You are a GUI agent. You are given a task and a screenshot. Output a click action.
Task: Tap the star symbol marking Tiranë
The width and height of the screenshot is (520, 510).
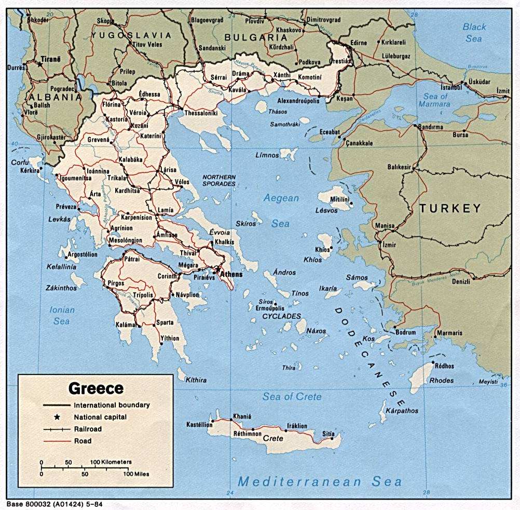tap(39, 65)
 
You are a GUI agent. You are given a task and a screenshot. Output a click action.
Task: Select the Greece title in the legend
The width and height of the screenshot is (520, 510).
tap(96, 388)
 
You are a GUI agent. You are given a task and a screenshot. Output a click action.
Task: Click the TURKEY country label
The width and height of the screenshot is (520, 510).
tap(450, 209)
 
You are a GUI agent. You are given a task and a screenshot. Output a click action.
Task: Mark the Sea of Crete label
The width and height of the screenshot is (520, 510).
tap(292, 397)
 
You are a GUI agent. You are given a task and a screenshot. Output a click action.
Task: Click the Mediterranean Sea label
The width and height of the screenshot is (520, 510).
tap(320, 481)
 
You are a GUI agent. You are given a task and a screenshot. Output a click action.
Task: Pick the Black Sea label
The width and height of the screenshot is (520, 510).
tap(474, 33)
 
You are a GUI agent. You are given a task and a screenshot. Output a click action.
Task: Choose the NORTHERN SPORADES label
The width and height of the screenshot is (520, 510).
tap(218, 180)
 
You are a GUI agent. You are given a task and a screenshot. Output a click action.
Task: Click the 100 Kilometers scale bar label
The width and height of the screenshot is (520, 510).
tap(111, 461)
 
